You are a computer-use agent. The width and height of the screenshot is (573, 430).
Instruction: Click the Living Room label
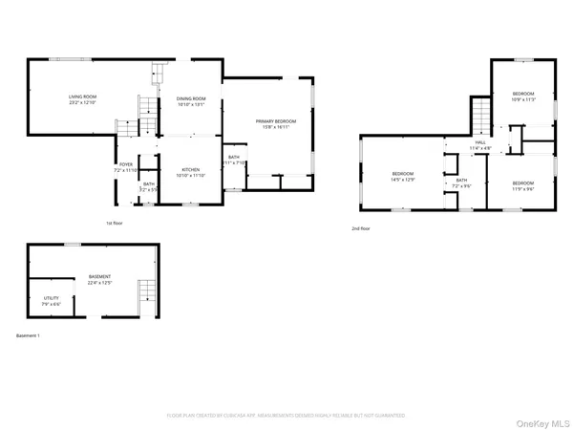coord(82,97)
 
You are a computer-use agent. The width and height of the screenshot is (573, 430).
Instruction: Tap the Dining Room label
coord(191,99)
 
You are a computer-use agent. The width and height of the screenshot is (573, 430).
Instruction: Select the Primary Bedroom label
coord(276,121)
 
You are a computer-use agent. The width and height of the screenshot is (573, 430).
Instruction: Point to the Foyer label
coord(126,164)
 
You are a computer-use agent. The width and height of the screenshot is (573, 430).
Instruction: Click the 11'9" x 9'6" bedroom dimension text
coord(521,187)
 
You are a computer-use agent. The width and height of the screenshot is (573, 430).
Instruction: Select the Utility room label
coord(51,298)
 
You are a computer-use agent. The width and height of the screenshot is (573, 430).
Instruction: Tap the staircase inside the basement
coord(146,293)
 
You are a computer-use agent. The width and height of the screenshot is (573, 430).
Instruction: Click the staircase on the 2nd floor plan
coord(481,120)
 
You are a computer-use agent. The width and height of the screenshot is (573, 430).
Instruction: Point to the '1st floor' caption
coord(116,224)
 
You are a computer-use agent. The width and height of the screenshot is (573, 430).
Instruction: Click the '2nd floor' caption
coord(361,229)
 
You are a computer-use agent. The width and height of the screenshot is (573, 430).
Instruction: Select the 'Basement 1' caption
coord(29,335)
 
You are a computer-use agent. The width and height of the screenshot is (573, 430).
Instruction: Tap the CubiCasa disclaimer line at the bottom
coord(286,416)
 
